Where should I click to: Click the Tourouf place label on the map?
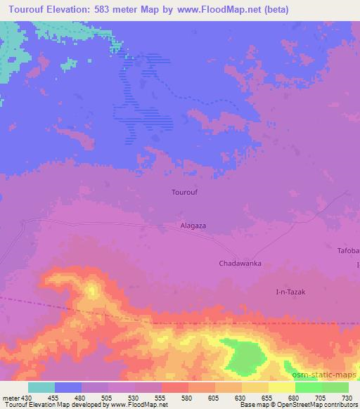[185, 191]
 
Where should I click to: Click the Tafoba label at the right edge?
[348, 251]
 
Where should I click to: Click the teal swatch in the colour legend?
[41, 387]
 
